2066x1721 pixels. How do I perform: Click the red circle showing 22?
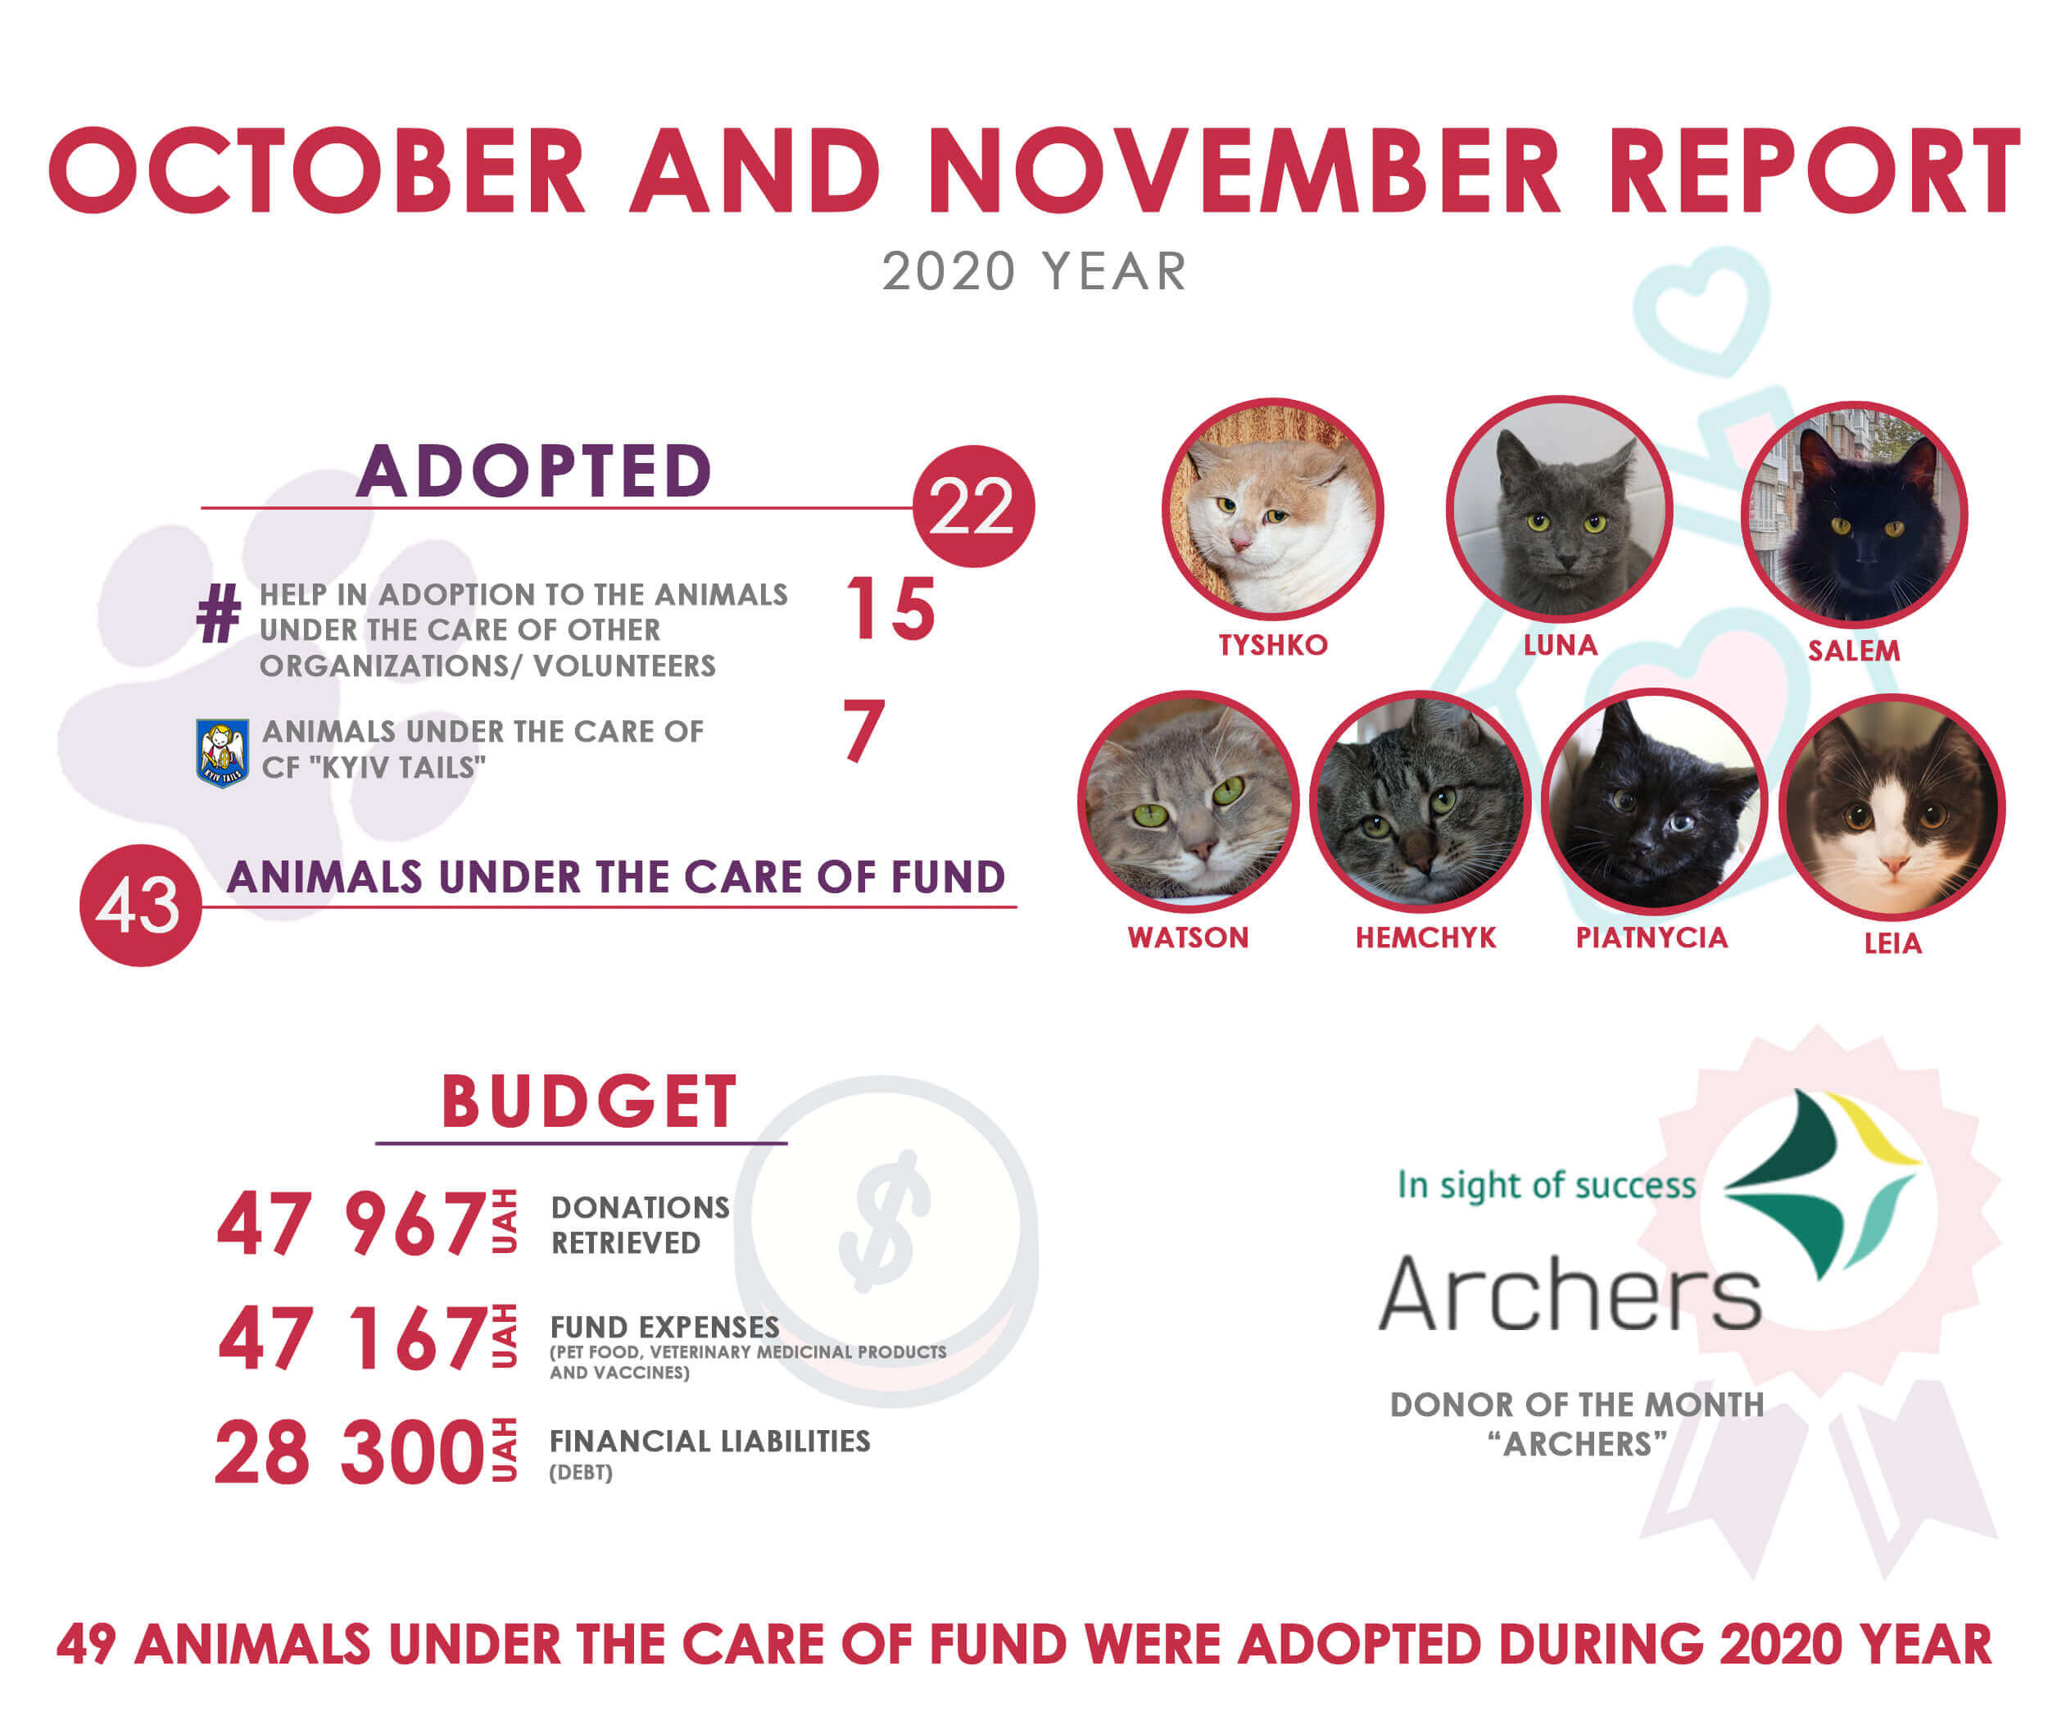pyautogui.click(x=973, y=506)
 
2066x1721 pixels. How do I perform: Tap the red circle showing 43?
pyautogui.click(x=141, y=906)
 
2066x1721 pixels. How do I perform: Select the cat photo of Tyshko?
pyautogui.click(x=1273, y=510)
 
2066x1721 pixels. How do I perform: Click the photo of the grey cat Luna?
pyautogui.click(x=1560, y=509)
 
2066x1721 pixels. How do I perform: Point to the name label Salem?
pyautogui.click(x=1854, y=651)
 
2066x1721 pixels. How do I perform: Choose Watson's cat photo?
pyautogui.click(x=1189, y=801)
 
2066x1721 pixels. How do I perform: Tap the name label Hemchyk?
pyautogui.click(x=1425, y=938)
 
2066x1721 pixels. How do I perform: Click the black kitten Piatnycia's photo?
pyautogui.click(x=1654, y=801)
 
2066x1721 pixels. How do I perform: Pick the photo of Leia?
pyautogui.click(x=1892, y=807)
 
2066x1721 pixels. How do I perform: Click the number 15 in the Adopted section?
pyautogui.click(x=890, y=609)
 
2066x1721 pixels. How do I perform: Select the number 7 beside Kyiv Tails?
pyautogui.click(x=863, y=730)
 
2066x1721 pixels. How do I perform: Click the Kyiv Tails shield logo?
pyautogui.click(x=222, y=753)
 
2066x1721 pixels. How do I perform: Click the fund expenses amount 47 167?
pyautogui.click(x=352, y=1338)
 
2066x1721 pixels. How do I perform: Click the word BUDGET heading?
pyautogui.click(x=588, y=1101)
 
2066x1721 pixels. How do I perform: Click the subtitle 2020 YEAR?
pyautogui.click(x=1034, y=271)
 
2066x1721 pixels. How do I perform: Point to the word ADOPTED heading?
pyautogui.click(x=534, y=470)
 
